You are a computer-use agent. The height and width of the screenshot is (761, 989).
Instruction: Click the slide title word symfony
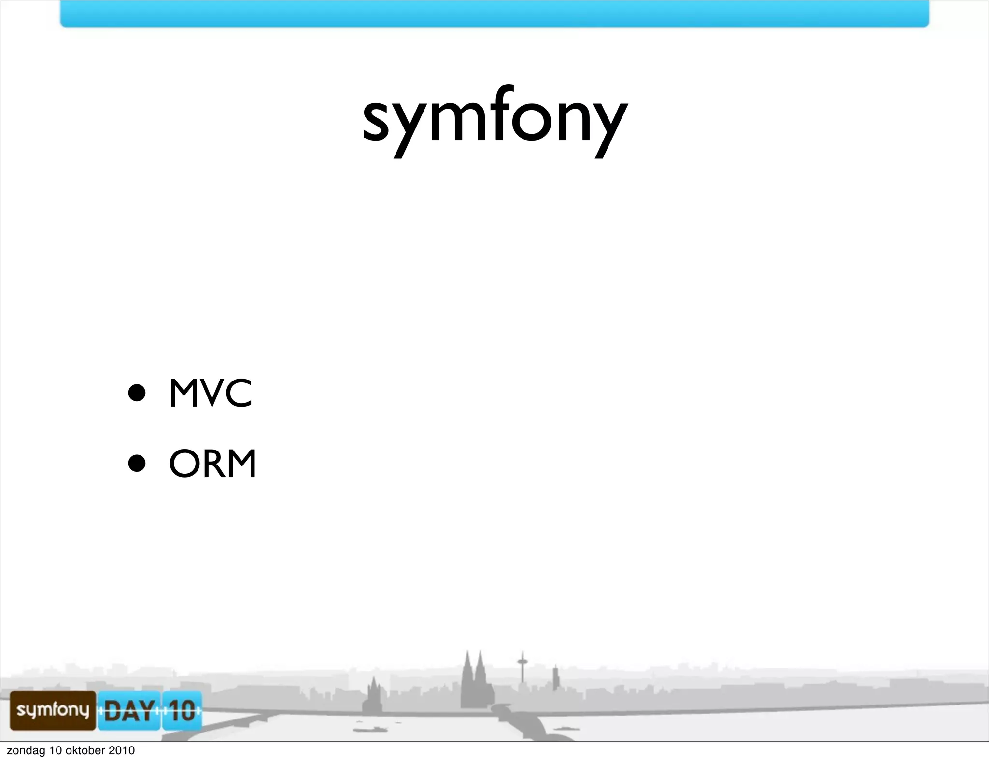[x=495, y=118]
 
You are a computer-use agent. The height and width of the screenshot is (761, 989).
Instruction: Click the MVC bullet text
[x=211, y=393]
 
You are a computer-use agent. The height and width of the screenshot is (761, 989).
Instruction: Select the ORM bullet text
[x=212, y=464]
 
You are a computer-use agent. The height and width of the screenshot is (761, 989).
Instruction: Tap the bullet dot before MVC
[x=137, y=393]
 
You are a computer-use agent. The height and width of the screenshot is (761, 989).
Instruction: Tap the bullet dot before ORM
[x=137, y=464]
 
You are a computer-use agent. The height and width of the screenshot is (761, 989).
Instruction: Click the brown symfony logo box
[x=53, y=710]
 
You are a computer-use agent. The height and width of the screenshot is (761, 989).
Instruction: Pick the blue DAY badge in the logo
[x=129, y=711]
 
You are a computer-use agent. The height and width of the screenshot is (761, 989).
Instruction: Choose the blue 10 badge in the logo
[x=182, y=711]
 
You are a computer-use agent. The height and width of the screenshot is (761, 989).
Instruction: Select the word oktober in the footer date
[x=85, y=750]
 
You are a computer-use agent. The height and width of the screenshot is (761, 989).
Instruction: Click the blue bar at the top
[x=494, y=14]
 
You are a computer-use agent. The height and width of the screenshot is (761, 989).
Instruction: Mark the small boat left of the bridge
[x=369, y=729]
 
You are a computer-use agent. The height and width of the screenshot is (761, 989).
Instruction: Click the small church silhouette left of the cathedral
[x=373, y=698]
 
